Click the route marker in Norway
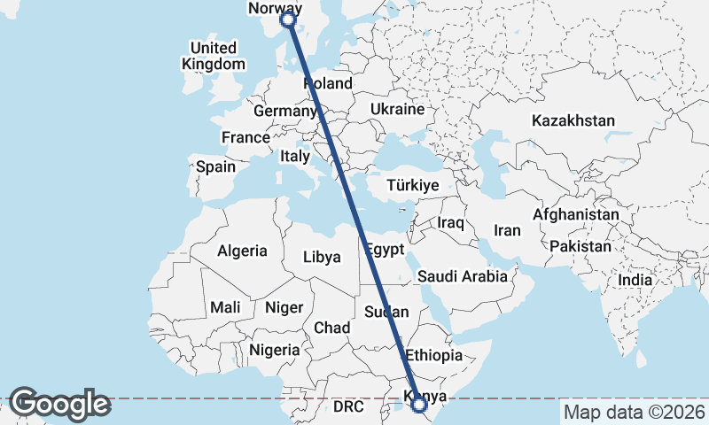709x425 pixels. [x=287, y=19]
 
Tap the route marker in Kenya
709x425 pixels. [x=419, y=405]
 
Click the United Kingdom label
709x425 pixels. [x=214, y=56]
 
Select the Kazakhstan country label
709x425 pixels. [x=573, y=120]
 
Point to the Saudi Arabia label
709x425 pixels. [x=463, y=275]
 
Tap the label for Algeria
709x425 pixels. [x=242, y=251]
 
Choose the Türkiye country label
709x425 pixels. [x=414, y=186]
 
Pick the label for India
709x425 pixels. [x=635, y=280]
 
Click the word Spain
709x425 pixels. [x=215, y=166]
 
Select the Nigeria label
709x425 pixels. [x=275, y=350]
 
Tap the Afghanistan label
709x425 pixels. [x=575, y=214]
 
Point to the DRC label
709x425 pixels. [x=349, y=407]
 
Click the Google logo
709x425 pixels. [x=59, y=404]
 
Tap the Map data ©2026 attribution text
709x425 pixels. [x=635, y=412]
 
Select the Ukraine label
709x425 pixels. [x=398, y=110]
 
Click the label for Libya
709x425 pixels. [x=322, y=258]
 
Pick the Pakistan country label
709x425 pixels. [x=580, y=245]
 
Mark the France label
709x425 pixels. [x=245, y=138]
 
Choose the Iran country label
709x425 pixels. [x=507, y=230]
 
